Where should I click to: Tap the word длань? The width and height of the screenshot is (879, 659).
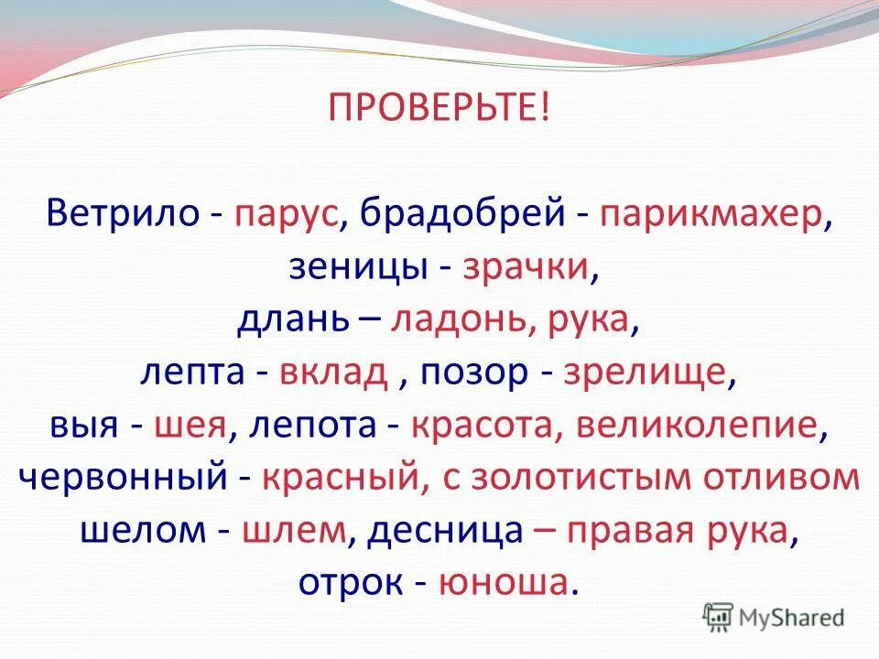pos(293,320)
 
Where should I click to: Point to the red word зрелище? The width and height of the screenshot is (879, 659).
pos(646,373)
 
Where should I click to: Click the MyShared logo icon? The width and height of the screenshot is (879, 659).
pos(718,616)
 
